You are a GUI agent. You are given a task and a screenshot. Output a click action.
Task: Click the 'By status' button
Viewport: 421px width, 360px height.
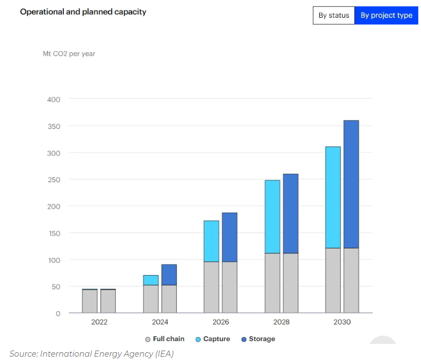(334, 15)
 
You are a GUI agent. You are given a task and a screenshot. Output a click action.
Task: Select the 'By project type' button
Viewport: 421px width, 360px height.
(386, 15)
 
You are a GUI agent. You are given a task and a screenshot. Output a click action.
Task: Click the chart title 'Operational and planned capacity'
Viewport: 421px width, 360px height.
(83, 12)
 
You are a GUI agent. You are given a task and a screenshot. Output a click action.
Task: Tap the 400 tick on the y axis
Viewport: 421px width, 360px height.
(53, 99)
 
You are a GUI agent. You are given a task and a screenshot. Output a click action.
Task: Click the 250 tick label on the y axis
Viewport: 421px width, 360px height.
(53, 180)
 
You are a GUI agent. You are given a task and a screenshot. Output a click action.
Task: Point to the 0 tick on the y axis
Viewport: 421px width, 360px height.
(57, 313)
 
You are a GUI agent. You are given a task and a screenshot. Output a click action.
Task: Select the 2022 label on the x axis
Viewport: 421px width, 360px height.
(99, 322)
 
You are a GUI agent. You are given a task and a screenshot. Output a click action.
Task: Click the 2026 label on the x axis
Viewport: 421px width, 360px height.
(221, 322)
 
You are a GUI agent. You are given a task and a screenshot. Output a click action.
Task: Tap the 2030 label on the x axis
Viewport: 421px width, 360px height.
(343, 322)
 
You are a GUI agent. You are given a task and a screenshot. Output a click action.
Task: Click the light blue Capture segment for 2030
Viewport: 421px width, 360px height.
(333, 197)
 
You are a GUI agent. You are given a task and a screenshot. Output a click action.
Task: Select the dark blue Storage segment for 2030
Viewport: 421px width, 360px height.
(351, 184)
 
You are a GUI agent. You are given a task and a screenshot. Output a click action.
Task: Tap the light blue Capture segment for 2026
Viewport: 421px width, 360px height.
(211, 241)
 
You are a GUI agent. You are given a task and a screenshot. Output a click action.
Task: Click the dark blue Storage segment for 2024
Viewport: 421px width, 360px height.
(169, 274)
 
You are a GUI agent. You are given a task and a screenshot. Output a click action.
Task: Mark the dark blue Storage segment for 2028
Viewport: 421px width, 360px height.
(290, 213)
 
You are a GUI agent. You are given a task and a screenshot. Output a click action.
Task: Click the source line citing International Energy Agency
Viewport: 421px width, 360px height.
(92, 353)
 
